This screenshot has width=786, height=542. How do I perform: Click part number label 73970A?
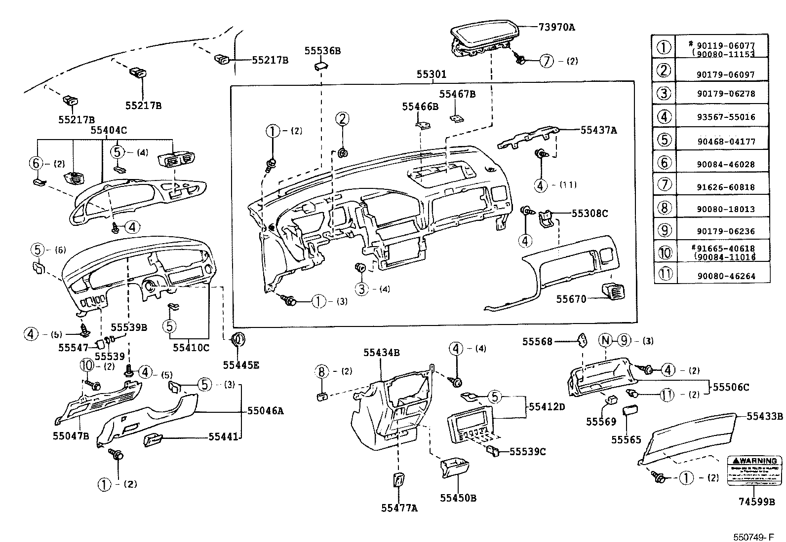click(556, 27)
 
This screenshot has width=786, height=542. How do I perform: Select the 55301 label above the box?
click(431, 74)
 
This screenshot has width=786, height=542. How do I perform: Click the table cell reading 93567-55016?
click(726, 117)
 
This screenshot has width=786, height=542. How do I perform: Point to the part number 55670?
click(571, 299)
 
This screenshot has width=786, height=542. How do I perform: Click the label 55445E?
click(240, 365)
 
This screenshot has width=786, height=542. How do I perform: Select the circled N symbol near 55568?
click(605, 340)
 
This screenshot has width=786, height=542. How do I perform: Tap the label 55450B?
click(458, 498)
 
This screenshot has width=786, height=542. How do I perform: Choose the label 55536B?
click(322, 51)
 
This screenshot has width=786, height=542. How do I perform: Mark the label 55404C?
click(109, 130)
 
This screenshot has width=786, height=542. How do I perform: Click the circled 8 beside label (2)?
click(322, 371)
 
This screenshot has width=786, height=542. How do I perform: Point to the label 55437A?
click(598, 130)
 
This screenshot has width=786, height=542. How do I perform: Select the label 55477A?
click(399, 507)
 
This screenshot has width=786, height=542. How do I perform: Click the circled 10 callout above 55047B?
click(87, 365)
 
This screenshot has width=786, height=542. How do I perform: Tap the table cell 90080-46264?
click(726, 277)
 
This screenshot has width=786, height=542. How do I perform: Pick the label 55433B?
click(764, 416)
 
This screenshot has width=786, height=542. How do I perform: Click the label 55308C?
click(589, 214)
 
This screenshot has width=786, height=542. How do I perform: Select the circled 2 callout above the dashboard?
click(343, 119)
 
